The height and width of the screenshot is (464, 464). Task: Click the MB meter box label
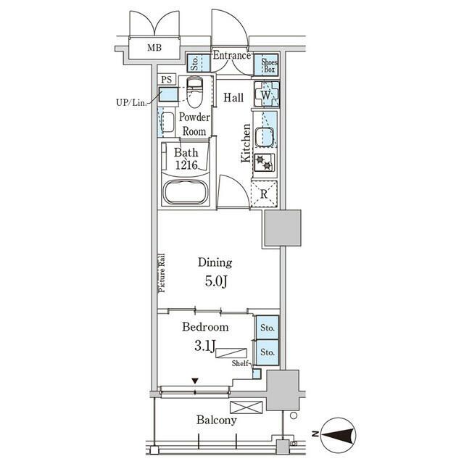coord(154,48)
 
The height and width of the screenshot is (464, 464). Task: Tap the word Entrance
coord(231,55)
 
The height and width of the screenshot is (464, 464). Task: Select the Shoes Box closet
coord(266,65)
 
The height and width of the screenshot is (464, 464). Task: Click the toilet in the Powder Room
coord(194,92)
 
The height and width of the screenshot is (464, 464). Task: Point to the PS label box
coord(166,80)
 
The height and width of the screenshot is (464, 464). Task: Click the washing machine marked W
coord(267,94)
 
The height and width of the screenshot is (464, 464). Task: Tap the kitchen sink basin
coord(265,137)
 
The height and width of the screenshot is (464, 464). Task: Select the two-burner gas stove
coord(264,162)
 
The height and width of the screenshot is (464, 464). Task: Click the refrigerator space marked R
coord(264,194)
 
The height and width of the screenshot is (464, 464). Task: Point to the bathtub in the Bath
coord(186,191)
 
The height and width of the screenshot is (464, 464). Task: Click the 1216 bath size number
coord(186,165)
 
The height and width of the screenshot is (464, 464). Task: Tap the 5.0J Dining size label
coord(216,282)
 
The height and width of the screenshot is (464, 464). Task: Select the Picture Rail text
coord(162,273)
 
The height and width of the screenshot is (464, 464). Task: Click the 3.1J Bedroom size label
coord(204,346)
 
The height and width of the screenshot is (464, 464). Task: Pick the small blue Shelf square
coord(257,374)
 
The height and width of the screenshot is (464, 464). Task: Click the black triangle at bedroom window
coord(195,381)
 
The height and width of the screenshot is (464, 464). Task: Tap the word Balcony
coord(217,420)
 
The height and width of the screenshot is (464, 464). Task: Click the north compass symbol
coord(339,434)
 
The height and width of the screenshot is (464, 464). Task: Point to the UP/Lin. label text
coord(131,103)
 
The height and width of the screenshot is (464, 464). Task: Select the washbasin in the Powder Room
coord(167,122)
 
